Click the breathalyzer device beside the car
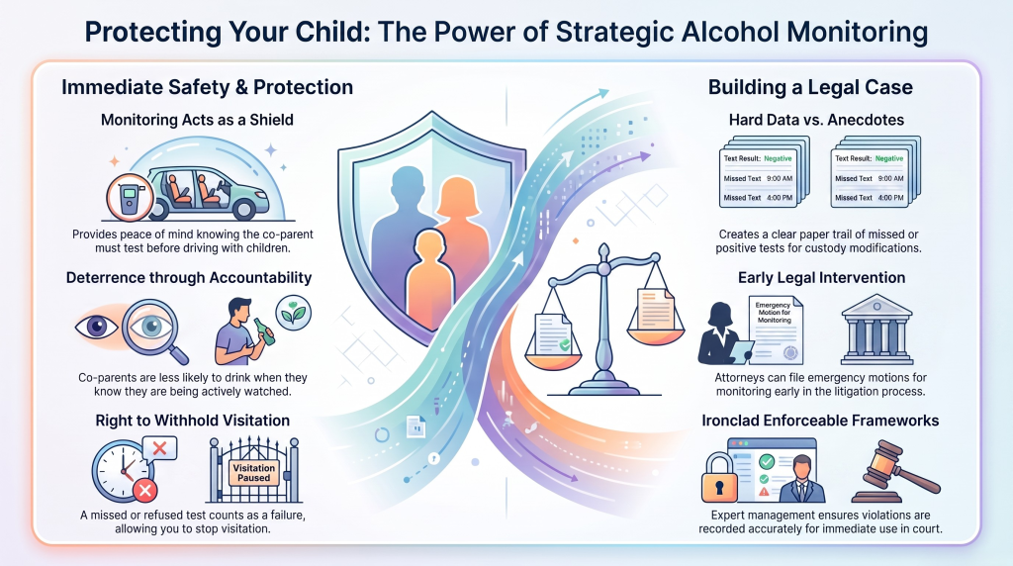coord(130,197)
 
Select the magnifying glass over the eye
coord(155,330)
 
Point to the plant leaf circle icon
coord(293,313)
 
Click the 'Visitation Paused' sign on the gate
coord(254,472)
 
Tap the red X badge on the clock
coord(144,491)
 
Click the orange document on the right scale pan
coord(655,309)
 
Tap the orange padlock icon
coord(719,478)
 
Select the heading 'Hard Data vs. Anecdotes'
coord(816,120)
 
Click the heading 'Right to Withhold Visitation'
coord(193,421)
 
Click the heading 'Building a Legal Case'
coord(810,87)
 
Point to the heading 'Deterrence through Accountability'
coord(189,278)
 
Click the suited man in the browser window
coord(801,480)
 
